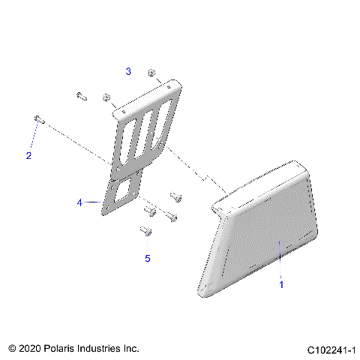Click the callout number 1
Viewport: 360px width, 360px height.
pos(281,285)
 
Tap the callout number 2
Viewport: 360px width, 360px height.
pos(28,156)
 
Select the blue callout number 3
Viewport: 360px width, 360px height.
pos(128,71)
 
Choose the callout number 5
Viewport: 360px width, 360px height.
pos(148,258)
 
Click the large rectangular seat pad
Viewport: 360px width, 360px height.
pos(262,232)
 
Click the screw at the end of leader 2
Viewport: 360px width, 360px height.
pos(40,119)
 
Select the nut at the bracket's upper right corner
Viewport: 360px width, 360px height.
pos(151,73)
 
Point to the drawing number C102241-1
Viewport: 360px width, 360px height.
pos(330,349)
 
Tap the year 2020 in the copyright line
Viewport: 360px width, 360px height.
pos(28,349)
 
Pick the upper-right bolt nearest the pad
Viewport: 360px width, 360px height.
pos(176,197)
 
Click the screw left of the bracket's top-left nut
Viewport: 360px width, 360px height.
pos(82,96)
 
